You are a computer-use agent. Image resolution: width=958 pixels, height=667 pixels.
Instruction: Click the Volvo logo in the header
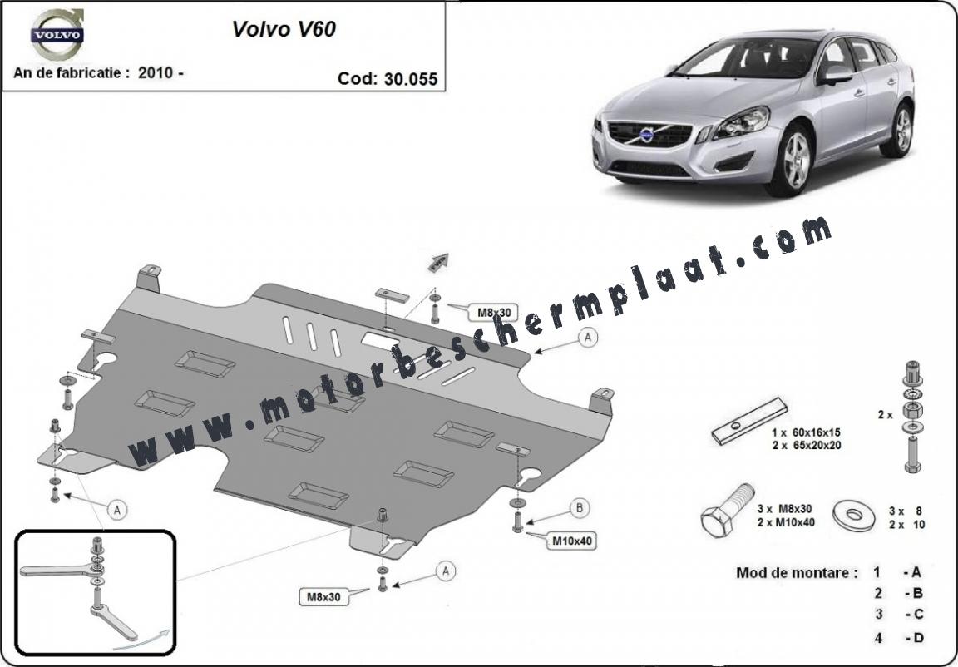point(57,34)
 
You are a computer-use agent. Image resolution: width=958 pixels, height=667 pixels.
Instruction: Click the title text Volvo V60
point(284,29)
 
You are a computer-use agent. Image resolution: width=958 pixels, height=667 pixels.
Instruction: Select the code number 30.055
point(411,79)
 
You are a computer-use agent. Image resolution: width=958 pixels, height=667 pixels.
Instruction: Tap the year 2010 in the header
point(156,72)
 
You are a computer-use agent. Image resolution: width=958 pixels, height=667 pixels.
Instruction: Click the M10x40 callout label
point(573,541)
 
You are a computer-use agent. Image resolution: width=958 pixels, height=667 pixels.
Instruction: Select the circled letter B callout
point(579,508)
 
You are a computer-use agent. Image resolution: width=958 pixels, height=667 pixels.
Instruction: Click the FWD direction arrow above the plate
point(438,263)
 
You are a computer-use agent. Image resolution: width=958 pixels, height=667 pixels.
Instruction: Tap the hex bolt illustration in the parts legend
point(727,511)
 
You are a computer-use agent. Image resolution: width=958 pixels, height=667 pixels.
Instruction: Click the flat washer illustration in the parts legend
point(853,516)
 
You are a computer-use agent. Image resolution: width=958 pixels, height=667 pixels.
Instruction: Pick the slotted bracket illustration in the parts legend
point(750,421)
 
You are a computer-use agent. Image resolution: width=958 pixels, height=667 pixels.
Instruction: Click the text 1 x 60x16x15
point(807,432)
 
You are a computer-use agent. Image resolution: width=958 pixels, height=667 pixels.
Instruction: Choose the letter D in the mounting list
point(918,638)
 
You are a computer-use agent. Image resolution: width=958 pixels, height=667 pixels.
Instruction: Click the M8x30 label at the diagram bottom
point(323,596)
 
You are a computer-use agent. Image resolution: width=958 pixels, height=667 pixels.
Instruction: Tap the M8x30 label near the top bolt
point(494,313)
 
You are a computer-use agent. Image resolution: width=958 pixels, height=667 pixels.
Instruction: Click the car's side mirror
point(834,75)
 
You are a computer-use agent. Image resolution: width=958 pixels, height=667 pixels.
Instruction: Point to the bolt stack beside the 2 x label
point(912,417)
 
